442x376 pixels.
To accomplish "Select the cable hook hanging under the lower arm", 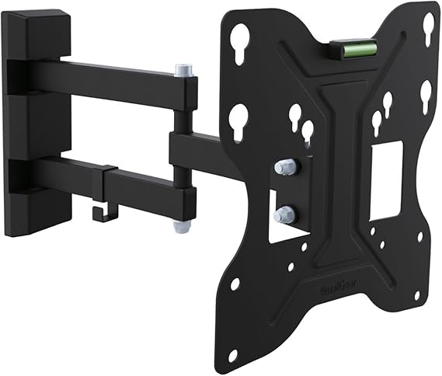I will (102, 210).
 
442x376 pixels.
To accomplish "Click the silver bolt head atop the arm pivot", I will (183, 70).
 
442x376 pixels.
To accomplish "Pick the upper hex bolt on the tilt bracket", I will (284, 166).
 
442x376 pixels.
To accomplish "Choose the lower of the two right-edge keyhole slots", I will (426, 93).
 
